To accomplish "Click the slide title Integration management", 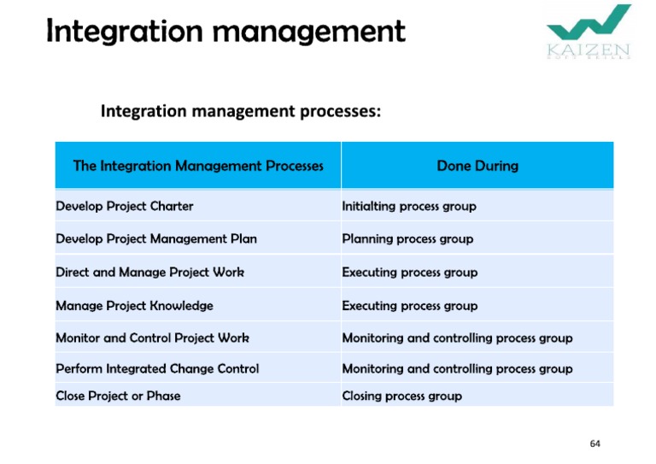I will (225, 32).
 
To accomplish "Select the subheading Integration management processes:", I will (241, 111).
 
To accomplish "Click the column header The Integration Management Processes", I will (198, 166).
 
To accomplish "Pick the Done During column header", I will (477, 166).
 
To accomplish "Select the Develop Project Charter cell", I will (125, 206).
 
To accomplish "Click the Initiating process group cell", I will (409, 206).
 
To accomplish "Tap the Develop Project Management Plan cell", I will (156, 239).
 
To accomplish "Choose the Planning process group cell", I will (407, 239).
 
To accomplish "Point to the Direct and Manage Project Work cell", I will (149, 273).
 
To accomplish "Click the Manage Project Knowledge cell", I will (134, 306).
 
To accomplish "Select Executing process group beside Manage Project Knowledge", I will (410, 306).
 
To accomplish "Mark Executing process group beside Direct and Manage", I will (410, 273).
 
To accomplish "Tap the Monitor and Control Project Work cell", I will (152, 338).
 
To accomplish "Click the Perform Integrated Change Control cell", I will (157, 369).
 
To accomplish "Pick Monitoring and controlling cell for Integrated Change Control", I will (457, 369).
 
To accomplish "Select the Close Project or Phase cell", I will (118, 396).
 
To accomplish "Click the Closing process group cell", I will (401, 396).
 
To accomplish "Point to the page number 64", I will (594, 443).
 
